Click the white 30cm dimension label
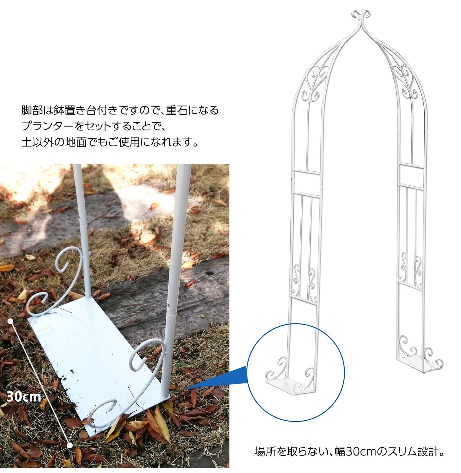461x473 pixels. tap(24, 397)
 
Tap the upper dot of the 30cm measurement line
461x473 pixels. tap(11, 321)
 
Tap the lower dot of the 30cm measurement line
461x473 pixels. tap(70, 445)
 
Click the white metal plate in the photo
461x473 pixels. tap(97, 355)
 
